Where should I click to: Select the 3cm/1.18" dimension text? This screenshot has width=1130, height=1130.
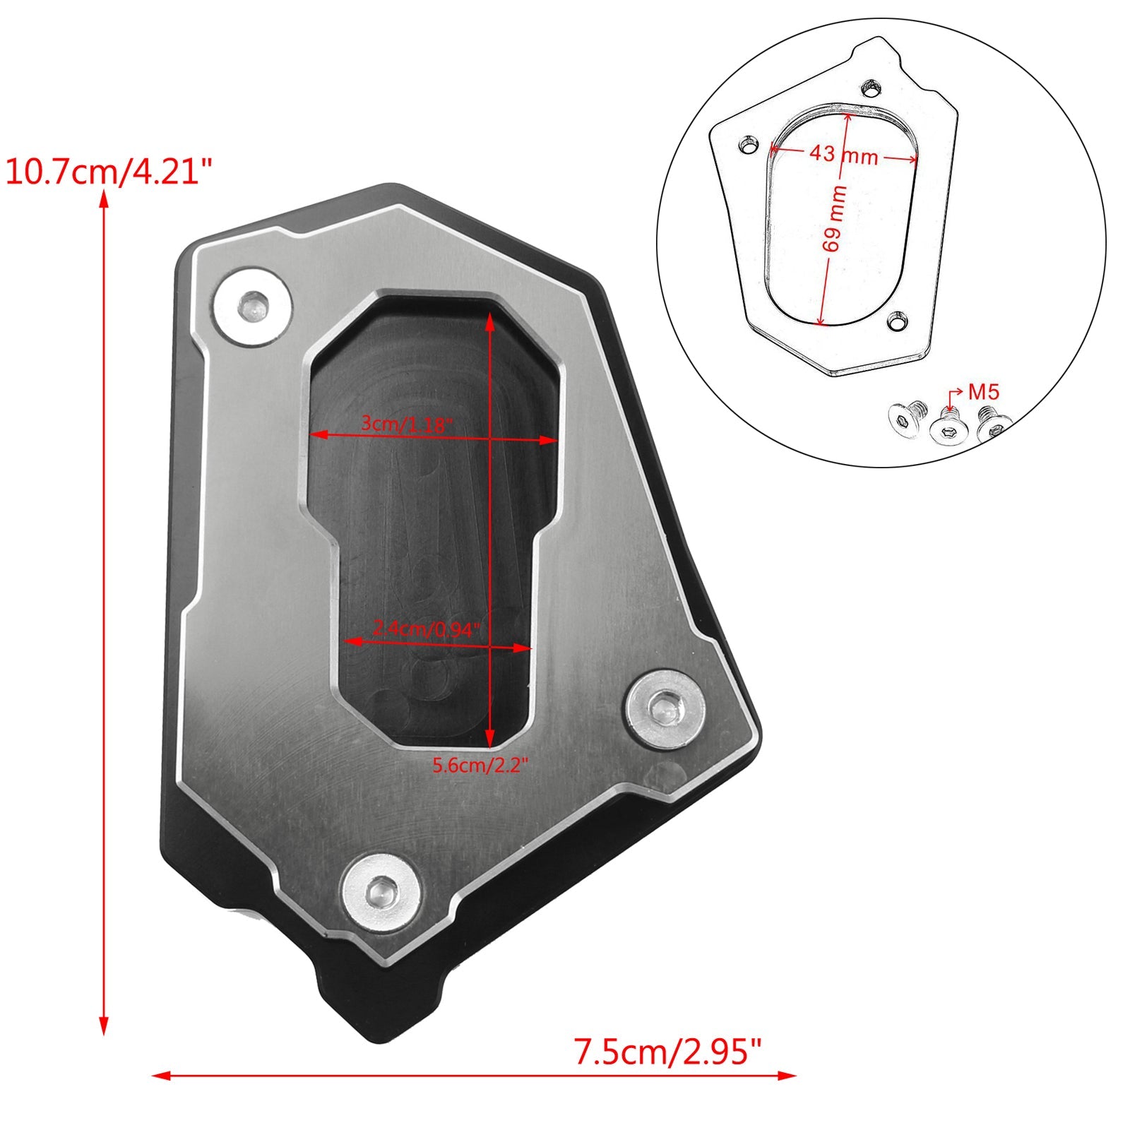pos(405,424)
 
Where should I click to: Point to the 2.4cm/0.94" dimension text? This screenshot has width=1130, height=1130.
pos(426,628)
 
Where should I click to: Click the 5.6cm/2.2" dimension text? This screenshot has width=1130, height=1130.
pos(480,765)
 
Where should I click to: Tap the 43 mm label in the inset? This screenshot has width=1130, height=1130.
pos(843,153)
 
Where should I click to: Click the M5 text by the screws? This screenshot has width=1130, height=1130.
pos(984,391)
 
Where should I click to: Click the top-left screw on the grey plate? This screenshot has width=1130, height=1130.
pos(252,307)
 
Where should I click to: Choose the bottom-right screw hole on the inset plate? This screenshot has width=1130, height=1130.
pos(898,322)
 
